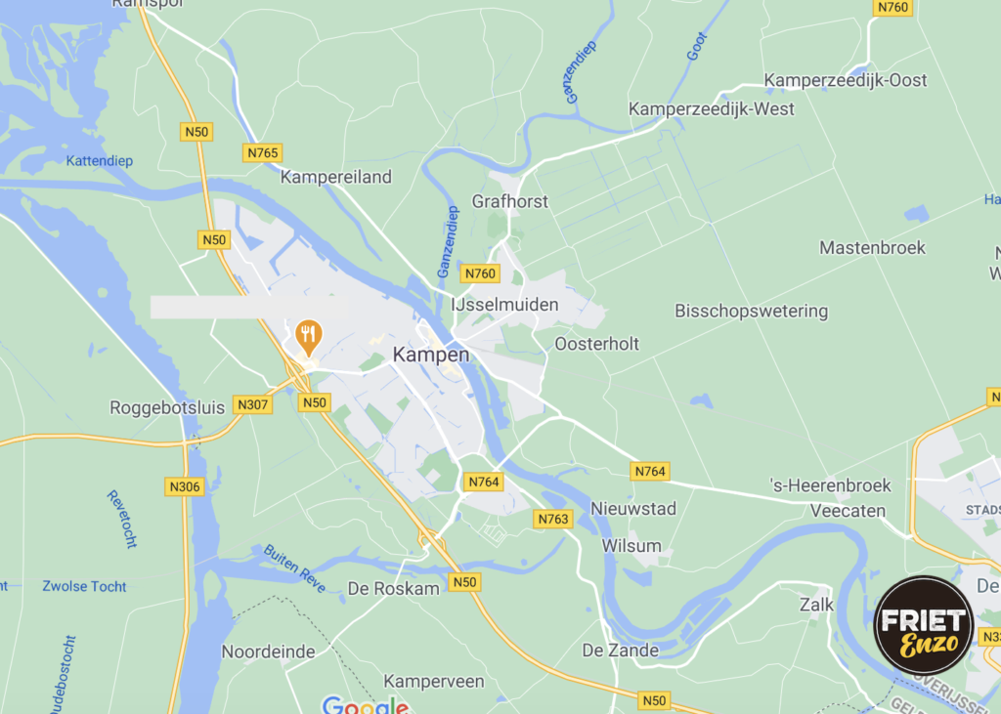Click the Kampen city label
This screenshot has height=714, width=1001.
(x=431, y=355)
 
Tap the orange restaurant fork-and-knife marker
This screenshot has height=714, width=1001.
(x=309, y=338)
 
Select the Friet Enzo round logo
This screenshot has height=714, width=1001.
(x=923, y=625)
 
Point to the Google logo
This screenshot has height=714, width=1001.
(x=365, y=705)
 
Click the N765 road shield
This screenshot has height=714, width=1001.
(x=262, y=152)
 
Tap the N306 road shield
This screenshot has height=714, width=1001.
(x=184, y=486)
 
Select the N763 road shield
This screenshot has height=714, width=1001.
(x=552, y=519)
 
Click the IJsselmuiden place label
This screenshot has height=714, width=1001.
(x=504, y=305)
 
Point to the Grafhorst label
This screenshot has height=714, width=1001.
(x=510, y=201)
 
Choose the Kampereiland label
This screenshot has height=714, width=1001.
(x=335, y=177)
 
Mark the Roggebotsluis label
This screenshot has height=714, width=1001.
(x=167, y=407)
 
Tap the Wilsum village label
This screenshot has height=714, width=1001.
(x=631, y=546)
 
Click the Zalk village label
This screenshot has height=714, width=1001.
(x=816, y=605)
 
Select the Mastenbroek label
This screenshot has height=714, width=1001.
(x=872, y=248)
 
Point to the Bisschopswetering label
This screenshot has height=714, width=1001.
(x=751, y=312)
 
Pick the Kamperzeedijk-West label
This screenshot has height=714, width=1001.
(x=712, y=108)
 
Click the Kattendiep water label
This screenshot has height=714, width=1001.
(x=100, y=160)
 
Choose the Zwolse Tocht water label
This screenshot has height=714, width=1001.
(x=84, y=586)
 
